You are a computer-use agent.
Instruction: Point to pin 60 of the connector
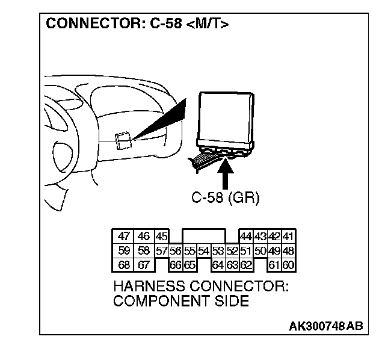click(289, 264)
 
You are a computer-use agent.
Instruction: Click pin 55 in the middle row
click(189, 250)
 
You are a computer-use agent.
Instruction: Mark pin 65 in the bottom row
click(189, 264)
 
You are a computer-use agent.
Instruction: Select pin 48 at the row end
click(289, 250)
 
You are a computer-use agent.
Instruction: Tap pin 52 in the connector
click(232, 250)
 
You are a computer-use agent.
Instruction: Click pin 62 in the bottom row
click(245, 264)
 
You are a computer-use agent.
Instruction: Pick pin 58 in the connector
click(144, 250)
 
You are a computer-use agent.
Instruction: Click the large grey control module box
click(226, 117)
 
